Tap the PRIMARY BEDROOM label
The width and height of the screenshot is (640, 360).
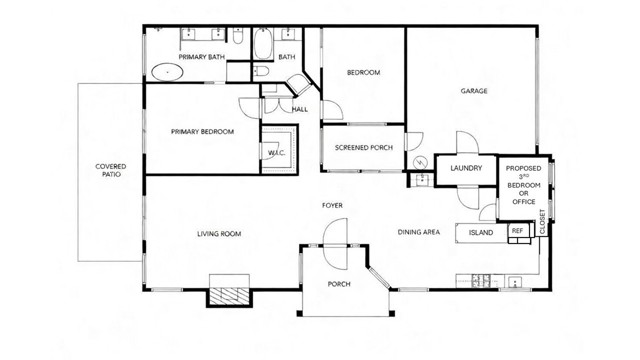(x=202, y=131)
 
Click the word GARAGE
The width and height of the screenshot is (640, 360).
(x=473, y=91)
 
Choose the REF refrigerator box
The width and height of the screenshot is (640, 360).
(x=517, y=231)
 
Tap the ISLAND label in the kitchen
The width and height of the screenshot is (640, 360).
(x=482, y=233)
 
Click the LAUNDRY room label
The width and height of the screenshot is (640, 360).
(x=466, y=168)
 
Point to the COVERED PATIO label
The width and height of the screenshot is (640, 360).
(x=110, y=171)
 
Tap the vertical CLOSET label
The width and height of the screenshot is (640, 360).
(x=543, y=222)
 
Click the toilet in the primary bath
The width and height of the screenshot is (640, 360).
(x=238, y=39)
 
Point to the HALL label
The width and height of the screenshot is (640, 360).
(x=299, y=109)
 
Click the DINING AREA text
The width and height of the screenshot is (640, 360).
(x=419, y=233)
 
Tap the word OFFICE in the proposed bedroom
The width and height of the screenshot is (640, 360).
(x=523, y=203)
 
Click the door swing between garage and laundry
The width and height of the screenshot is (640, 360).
(x=467, y=144)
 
